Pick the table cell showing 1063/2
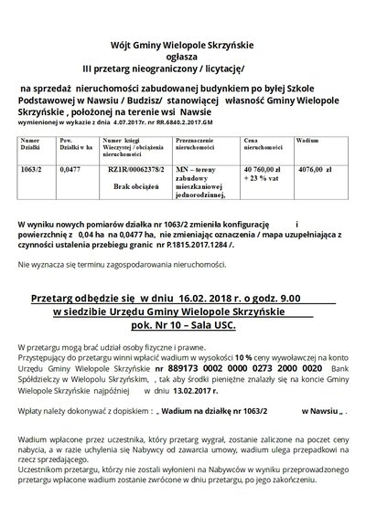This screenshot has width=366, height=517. (x=32, y=170)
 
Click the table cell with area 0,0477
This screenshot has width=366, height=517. (x=70, y=170)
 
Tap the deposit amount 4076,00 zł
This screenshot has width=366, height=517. (x=316, y=170)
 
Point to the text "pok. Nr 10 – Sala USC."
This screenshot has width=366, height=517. (x=183, y=326)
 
